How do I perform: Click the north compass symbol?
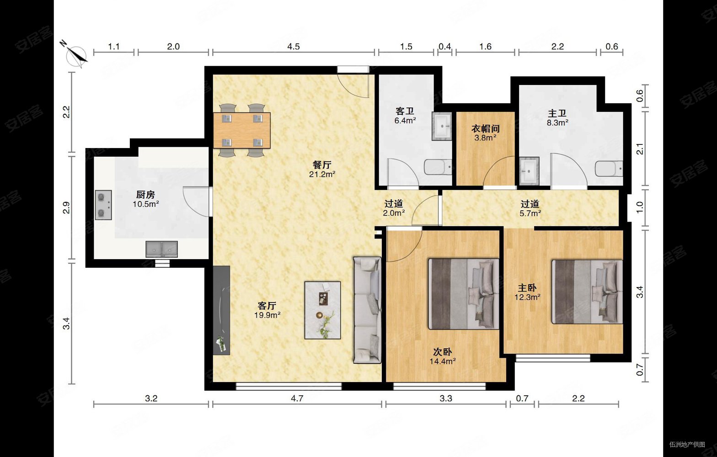[76, 55]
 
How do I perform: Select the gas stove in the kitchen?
[103, 205]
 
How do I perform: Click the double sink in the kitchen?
[162, 249]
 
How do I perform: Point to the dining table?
[241, 130]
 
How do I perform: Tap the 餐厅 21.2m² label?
[322, 169]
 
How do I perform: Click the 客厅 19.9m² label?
[267, 310]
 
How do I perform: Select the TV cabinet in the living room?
[221, 310]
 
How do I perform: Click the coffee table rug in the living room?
[323, 310]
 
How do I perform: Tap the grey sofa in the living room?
[367, 310]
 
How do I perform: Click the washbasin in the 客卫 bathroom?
[442, 126]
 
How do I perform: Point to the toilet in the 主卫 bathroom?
[609, 169]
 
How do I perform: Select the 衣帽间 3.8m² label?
[486, 133]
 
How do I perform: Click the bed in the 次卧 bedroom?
[464, 294]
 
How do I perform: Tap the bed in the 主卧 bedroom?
[587, 292]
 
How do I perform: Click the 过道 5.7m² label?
[530, 208]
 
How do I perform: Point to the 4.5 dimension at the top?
[293, 47]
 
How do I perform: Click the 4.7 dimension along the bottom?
[297, 399]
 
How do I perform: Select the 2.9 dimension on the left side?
[66, 207]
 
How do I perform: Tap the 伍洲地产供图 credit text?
[687, 445]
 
